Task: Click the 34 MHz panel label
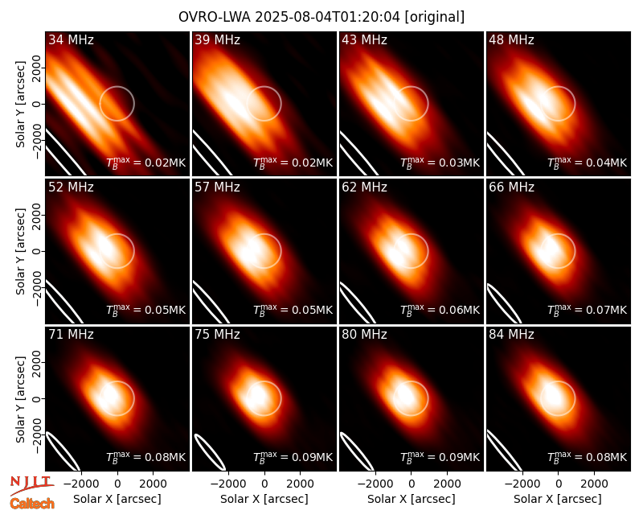71,39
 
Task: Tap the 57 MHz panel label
217,187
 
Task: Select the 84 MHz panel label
511,335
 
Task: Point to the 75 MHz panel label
217,335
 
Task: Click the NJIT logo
32,484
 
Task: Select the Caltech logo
32,504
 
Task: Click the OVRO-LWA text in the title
215,17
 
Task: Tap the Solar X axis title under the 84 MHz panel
558,499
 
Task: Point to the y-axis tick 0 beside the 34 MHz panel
38,104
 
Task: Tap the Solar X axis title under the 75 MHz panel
264,499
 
